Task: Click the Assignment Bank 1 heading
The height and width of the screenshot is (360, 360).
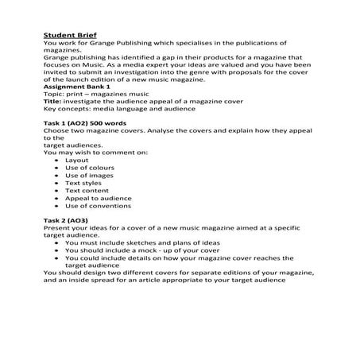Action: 73,85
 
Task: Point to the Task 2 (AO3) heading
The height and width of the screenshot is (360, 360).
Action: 65,219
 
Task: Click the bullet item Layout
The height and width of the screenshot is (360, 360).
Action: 76,160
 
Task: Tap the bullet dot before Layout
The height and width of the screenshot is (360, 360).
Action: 53,160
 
